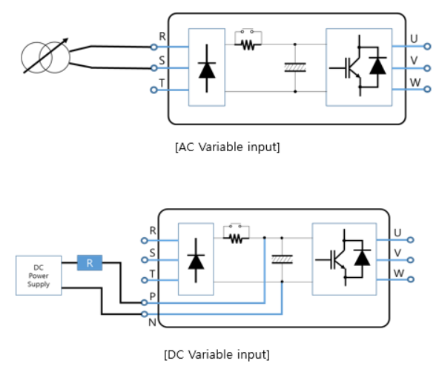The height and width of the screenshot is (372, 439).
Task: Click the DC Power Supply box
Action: (x=39, y=275)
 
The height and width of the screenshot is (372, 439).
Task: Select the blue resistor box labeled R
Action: (x=90, y=262)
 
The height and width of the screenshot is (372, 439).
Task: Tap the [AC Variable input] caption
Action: (x=227, y=147)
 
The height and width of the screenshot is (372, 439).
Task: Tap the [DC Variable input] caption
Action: (x=217, y=353)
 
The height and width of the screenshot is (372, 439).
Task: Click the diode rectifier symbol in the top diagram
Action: (x=207, y=67)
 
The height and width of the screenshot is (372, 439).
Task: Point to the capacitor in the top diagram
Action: (x=295, y=67)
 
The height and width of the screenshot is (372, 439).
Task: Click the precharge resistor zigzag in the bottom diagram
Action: (x=236, y=239)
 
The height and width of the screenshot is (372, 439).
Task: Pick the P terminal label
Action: (x=153, y=295)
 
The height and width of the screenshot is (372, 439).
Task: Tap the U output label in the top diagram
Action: (x=414, y=38)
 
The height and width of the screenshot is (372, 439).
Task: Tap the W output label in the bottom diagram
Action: (x=397, y=273)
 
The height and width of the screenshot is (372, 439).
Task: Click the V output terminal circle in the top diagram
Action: (x=427, y=67)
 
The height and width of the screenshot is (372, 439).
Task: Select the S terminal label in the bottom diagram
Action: (x=153, y=253)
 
